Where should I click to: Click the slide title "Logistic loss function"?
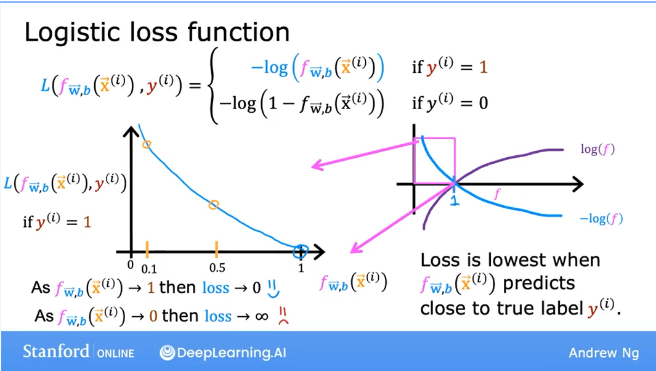(x=156, y=32)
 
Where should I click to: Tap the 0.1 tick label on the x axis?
(x=150, y=269)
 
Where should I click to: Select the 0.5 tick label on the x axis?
(x=217, y=269)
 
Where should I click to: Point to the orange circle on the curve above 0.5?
(x=213, y=205)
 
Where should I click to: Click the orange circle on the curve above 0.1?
(x=147, y=145)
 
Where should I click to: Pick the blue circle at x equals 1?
(x=300, y=251)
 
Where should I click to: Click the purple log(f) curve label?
(x=597, y=149)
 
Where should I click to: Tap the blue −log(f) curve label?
(x=601, y=219)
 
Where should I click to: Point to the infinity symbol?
(x=261, y=316)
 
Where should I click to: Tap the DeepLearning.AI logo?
(x=223, y=353)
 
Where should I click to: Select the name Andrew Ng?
(x=604, y=353)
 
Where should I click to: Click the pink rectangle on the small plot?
(x=435, y=161)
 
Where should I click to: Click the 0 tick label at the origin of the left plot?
(x=131, y=266)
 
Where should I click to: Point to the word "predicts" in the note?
(x=538, y=283)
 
